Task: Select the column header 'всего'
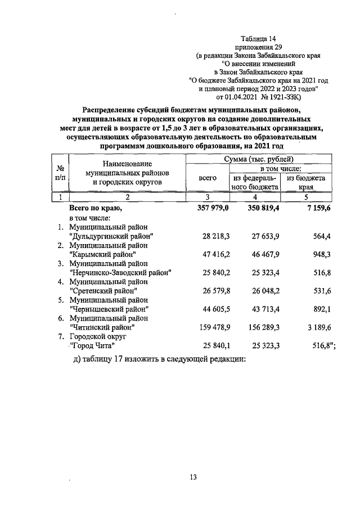[x=208, y=178]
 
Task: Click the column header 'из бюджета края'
[x=306, y=182]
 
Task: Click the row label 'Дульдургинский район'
[x=111, y=236]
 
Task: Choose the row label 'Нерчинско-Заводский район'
[x=120, y=272]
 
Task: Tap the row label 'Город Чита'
[x=92, y=345]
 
